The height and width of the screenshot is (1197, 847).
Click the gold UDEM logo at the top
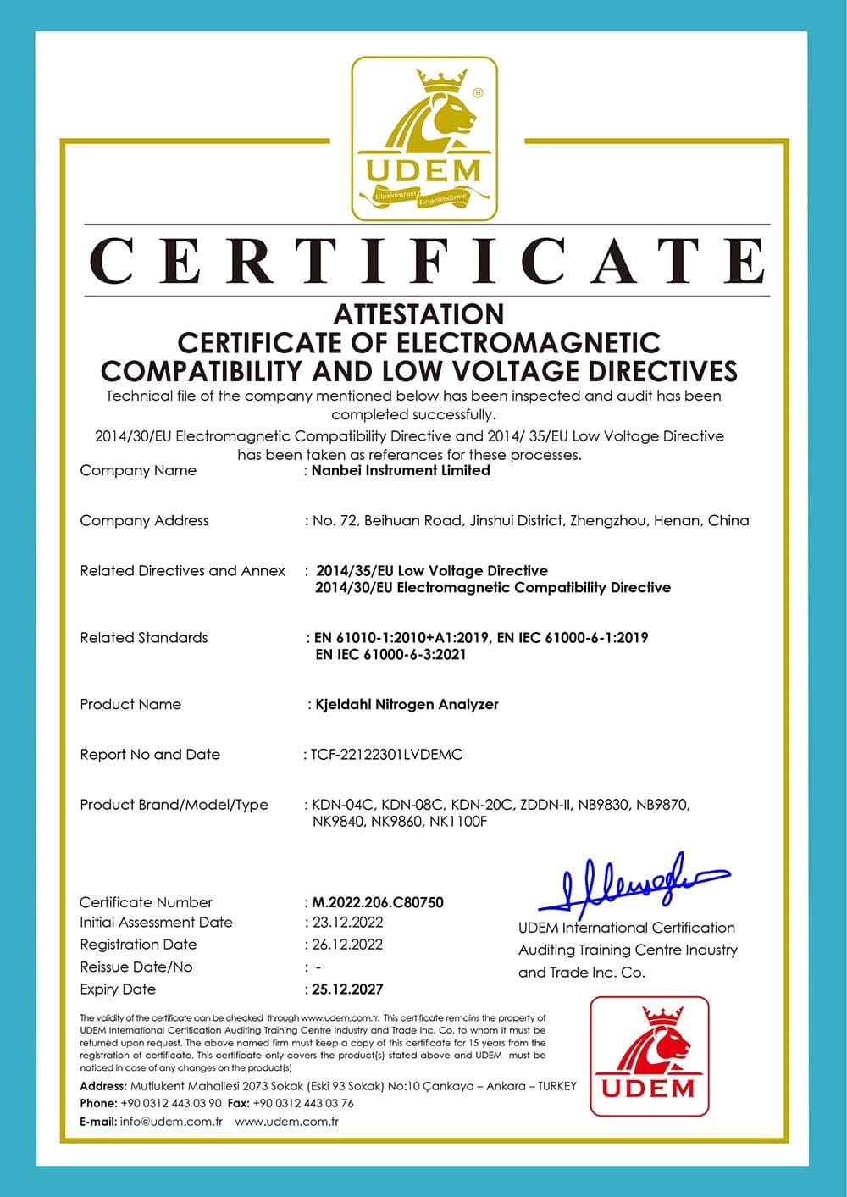click(x=424, y=138)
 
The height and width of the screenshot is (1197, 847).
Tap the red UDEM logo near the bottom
click(x=650, y=1056)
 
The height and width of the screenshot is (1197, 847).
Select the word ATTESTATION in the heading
click(x=418, y=314)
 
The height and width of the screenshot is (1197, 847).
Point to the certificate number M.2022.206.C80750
click(x=378, y=902)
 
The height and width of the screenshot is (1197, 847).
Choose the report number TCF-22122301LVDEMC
click(x=386, y=754)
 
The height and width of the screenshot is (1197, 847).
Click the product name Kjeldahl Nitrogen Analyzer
click(x=407, y=704)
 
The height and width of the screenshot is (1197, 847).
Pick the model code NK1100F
click(x=458, y=821)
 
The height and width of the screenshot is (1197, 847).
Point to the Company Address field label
click(x=144, y=520)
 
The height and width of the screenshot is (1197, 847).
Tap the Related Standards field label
click(x=143, y=637)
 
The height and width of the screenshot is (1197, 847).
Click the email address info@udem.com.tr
click(x=171, y=1122)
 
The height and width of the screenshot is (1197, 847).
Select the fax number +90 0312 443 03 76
click(x=303, y=1103)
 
